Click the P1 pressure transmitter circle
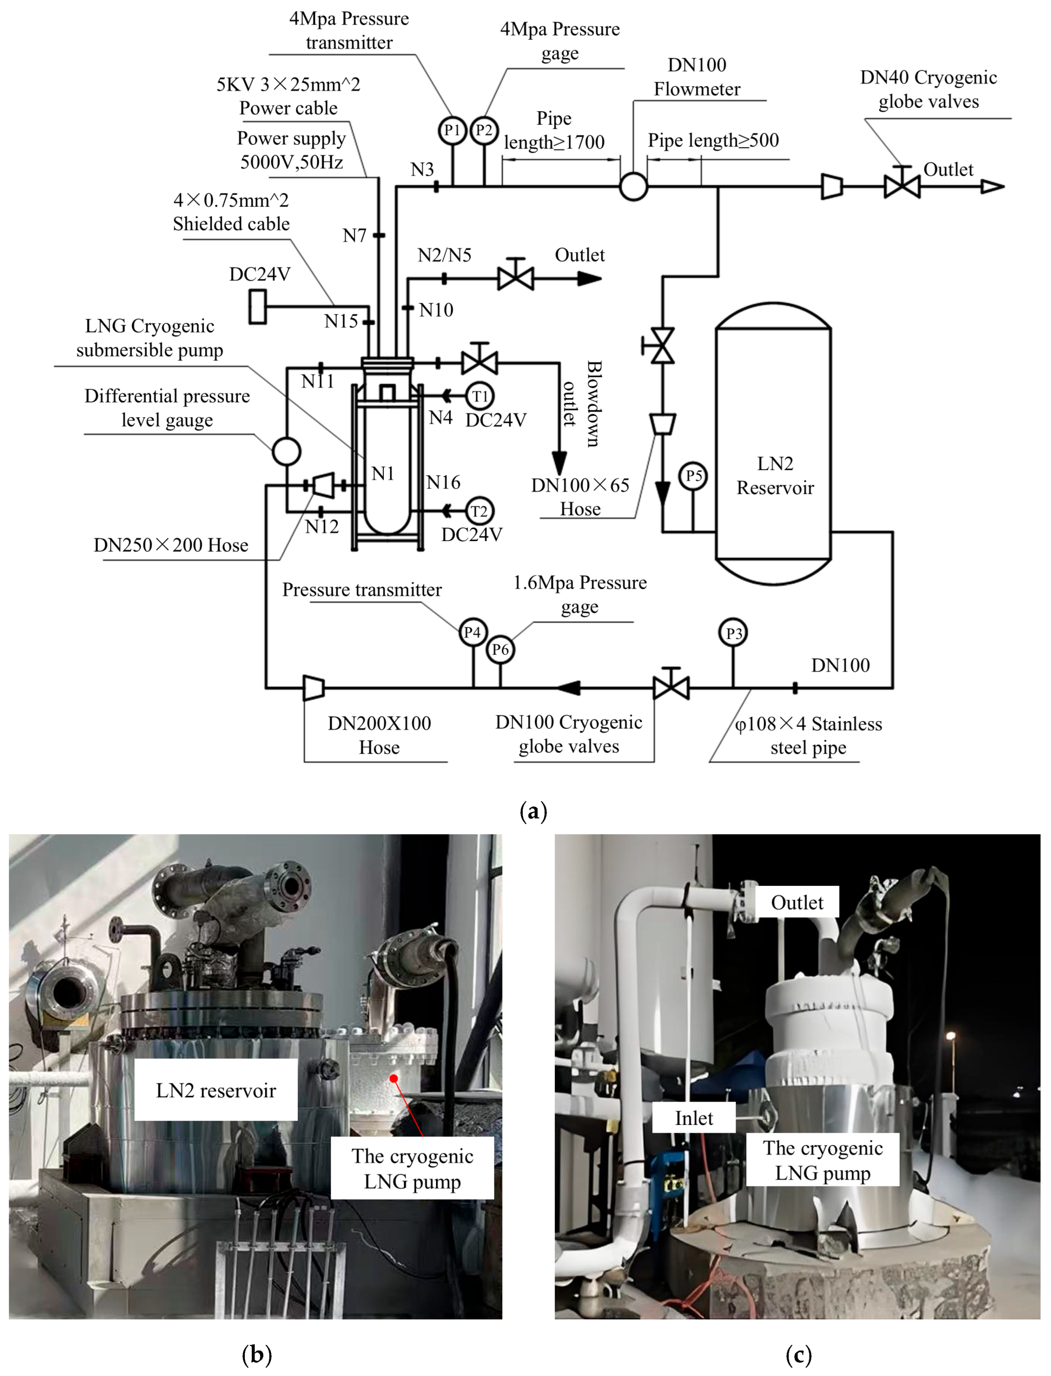click(x=452, y=130)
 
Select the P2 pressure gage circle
click(x=484, y=130)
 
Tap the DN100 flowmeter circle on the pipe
click(x=633, y=186)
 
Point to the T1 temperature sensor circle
click(x=480, y=396)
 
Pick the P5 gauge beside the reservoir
click(x=693, y=476)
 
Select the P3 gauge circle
click(x=733, y=633)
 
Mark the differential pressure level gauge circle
click(x=287, y=451)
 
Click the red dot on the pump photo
click(x=394, y=1077)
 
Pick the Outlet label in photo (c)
click(x=797, y=902)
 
